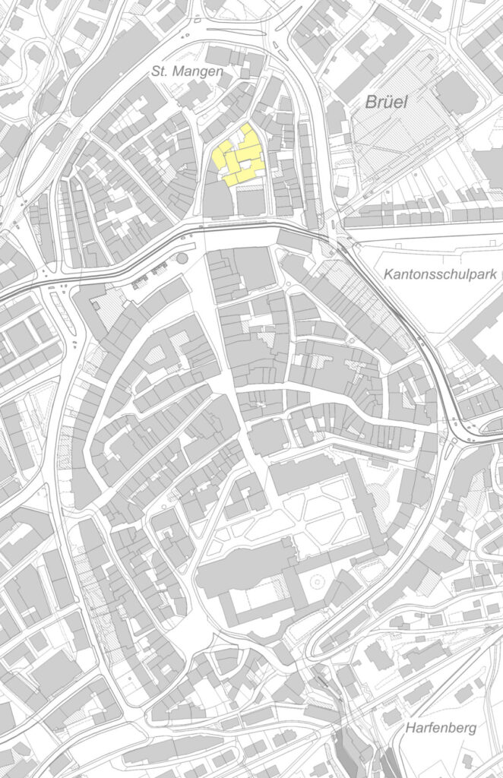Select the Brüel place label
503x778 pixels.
pos(388,101)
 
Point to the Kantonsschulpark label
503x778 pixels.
pos(439,274)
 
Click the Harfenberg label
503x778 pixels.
pos(441,728)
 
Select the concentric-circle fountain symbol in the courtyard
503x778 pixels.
pos(318,583)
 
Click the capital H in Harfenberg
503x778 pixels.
pos(410,728)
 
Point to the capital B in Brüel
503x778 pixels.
pos(370,101)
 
